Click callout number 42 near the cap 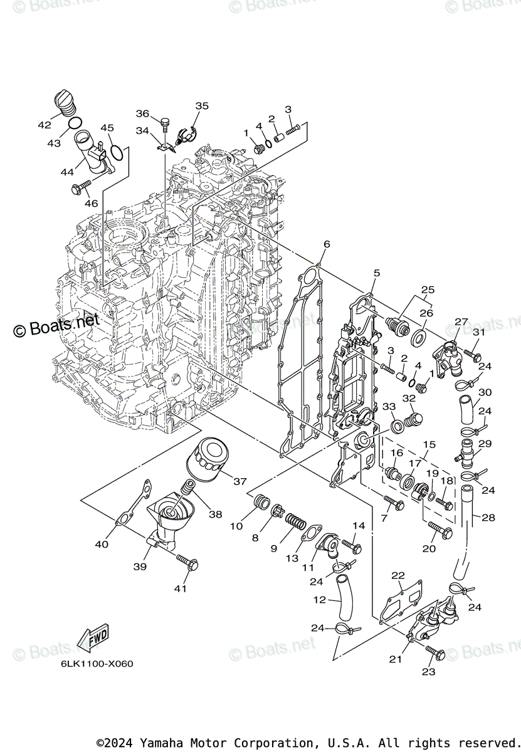[44, 125]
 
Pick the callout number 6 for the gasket [326, 244]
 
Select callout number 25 [428, 290]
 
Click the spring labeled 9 [294, 520]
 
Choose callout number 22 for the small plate [397, 576]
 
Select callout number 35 [201, 106]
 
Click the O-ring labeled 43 [73, 123]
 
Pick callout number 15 [429, 444]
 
